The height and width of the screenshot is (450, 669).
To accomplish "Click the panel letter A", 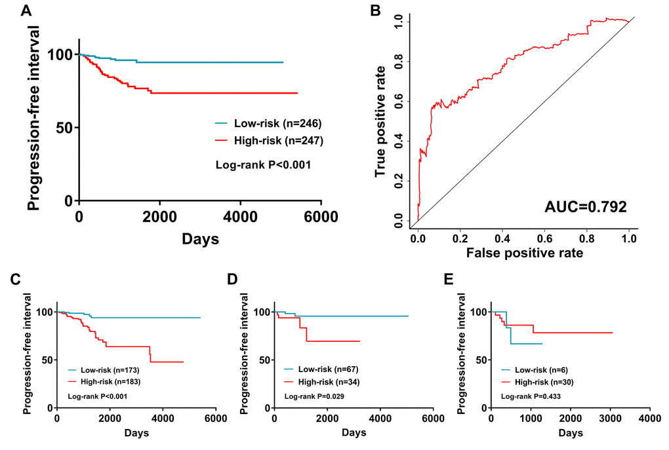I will coord(27,10).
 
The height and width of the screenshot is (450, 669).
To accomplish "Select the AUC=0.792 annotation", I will coord(585,208).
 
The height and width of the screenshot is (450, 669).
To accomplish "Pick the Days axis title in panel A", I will coord(200,239).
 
